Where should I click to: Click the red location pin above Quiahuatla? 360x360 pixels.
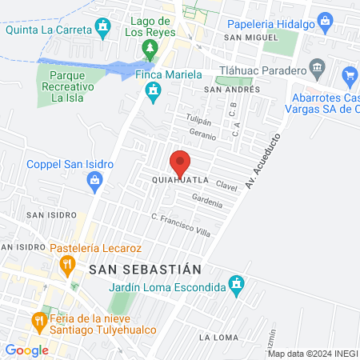[180, 162]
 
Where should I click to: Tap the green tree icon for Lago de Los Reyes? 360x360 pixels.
[150, 50]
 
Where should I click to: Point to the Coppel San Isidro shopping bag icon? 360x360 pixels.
[96, 182]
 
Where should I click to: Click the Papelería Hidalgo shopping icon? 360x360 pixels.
[324, 22]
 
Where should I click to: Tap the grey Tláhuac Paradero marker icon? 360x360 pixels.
[317, 66]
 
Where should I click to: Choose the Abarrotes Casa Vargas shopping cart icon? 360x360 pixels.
[350, 77]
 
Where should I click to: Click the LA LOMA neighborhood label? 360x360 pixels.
[219, 337]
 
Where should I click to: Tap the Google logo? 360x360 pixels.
[26, 350]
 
